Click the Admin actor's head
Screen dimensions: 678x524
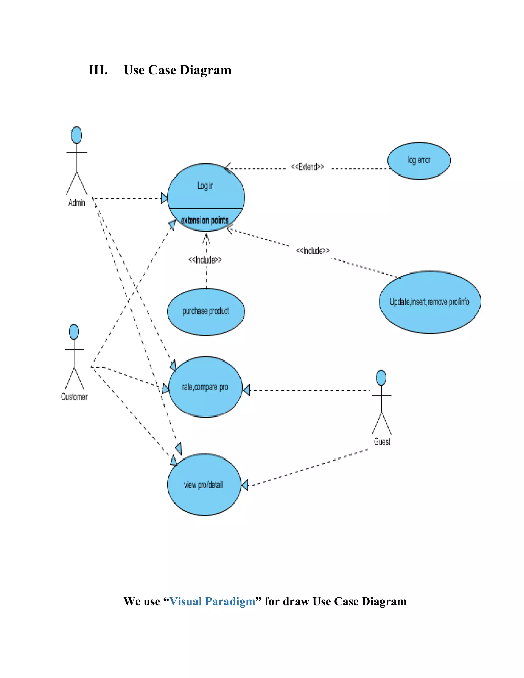(x=76, y=135)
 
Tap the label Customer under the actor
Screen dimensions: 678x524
(x=74, y=397)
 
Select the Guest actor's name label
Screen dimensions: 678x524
(x=382, y=442)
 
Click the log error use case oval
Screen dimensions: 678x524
(x=419, y=160)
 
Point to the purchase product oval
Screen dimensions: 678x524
(x=206, y=311)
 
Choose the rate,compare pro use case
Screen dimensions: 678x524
(x=205, y=387)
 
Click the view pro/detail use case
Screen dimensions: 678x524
(x=204, y=485)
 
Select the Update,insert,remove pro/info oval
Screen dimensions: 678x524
(x=430, y=302)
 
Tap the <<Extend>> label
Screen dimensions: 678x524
(x=307, y=167)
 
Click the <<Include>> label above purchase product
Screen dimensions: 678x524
(x=205, y=260)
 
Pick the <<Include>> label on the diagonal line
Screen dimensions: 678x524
(x=313, y=250)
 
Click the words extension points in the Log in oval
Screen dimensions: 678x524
(x=205, y=220)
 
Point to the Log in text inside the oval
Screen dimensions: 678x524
(x=205, y=186)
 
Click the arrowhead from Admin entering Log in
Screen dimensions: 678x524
(x=164, y=198)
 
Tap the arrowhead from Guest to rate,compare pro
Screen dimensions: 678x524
(x=246, y=390)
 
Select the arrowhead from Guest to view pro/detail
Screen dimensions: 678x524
(x=245, y=485)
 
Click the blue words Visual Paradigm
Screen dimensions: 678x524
(x=212, y=601)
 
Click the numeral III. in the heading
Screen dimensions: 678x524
(x=98, y=70)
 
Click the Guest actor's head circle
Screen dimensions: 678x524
(x=381, y=378)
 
